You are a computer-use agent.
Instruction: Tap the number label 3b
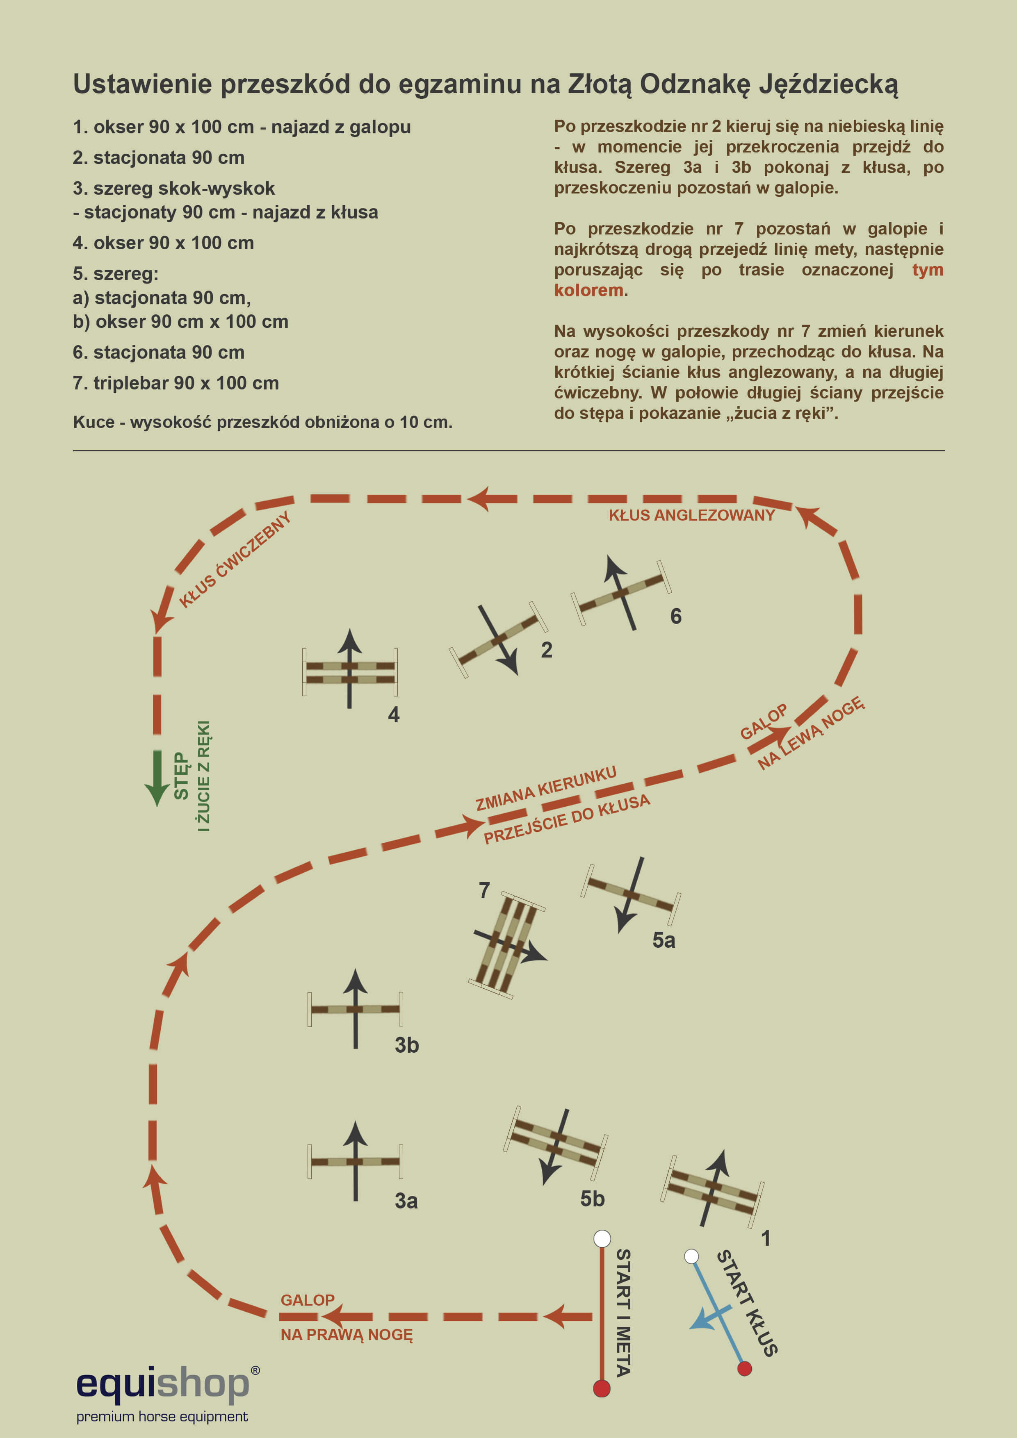[x=406, y=1044]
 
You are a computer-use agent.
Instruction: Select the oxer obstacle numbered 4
[x=350, y=672]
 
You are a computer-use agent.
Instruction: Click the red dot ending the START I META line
[x=602, y=1388]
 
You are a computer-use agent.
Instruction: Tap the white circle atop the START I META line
[x=602, y=1238]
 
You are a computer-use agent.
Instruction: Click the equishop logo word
[x=163, y=1383]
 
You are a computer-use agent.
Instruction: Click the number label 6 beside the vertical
[x=675, y=616]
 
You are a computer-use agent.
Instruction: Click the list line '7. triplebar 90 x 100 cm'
[x=176, y=383]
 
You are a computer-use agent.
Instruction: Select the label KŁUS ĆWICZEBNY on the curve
[x=235, y=559]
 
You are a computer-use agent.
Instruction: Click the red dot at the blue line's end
[x=744, y=1368]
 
